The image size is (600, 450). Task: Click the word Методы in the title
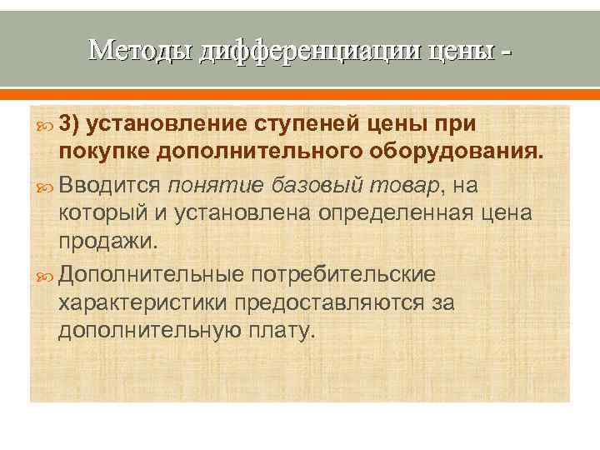tap(141, 52)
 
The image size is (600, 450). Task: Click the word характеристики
tap(146, 302)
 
